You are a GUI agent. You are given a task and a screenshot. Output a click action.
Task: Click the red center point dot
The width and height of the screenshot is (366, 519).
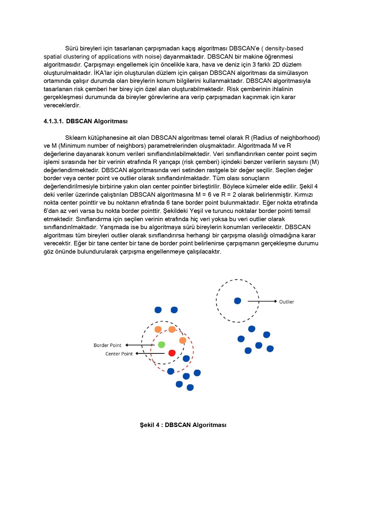172,353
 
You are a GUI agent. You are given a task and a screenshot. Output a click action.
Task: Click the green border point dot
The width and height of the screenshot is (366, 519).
161,344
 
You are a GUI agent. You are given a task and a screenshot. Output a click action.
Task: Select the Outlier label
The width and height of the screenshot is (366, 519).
286,302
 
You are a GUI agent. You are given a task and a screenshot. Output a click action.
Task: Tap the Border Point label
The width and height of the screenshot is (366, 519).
107,345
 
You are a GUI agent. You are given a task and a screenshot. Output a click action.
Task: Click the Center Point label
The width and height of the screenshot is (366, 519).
119,354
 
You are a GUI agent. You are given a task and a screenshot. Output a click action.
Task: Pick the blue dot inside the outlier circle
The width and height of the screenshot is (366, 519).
237,301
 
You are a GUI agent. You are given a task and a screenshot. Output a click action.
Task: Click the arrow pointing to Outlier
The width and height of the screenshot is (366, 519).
262,301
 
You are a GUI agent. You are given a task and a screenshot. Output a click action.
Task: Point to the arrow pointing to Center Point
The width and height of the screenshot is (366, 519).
150,354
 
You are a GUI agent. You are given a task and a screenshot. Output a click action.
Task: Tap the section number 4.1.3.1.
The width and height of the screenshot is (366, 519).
53,121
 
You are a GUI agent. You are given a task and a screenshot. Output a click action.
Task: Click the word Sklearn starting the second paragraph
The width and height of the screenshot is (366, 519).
76,138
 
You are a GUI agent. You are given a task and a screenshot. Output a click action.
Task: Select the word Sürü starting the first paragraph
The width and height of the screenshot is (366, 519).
72,48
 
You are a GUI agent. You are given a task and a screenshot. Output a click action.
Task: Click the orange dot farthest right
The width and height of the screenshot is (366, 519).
183,340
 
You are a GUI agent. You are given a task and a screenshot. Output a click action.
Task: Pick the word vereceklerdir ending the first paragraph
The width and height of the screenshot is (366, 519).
62,105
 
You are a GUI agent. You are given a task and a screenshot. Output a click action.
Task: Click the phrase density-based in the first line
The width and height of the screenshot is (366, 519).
284,48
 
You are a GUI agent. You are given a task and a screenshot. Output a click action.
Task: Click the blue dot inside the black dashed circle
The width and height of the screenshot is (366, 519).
186,359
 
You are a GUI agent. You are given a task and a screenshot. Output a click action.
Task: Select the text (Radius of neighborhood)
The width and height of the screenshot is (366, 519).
285,138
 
